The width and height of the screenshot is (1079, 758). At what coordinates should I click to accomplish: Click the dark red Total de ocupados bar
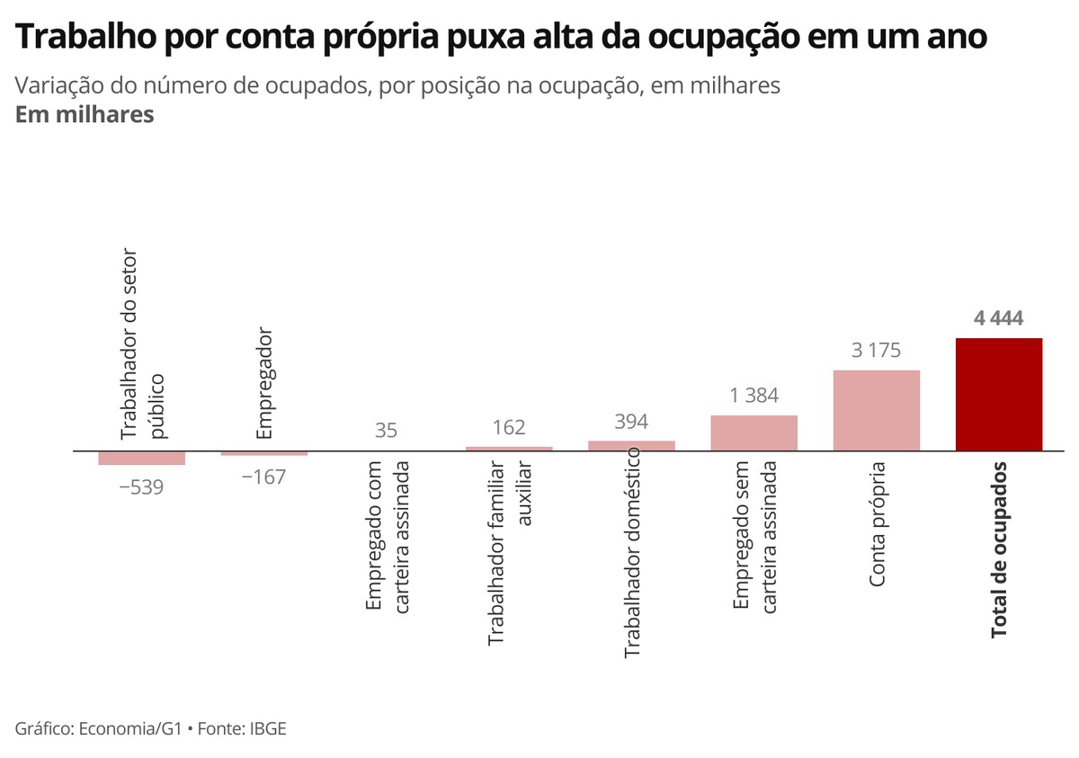click(999, 394)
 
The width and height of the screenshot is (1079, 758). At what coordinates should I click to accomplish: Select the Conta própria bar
click(877, 410)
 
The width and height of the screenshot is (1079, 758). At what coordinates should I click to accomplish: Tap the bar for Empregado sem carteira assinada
click(754, 433)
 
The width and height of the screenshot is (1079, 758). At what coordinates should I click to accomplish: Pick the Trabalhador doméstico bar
click(631, 445)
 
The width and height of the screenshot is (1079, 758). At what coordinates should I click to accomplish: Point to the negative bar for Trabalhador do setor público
click(142, 458)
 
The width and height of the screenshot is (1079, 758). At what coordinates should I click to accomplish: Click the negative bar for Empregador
click(264, 453)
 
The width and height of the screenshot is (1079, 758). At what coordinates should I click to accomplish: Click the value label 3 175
click(876, 351)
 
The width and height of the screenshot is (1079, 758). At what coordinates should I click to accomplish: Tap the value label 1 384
click(754, 396)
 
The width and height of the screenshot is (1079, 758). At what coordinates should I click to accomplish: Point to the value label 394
click(631, 422)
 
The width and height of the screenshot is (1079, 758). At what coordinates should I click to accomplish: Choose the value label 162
click(509, 428)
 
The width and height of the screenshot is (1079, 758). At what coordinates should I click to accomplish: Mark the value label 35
click(386, 431)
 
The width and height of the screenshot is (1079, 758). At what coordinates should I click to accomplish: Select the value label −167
click(263, 477)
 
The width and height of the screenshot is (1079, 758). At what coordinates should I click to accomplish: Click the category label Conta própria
click(878, 524)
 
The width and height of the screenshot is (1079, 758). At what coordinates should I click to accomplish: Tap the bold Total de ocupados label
click(1000, 550)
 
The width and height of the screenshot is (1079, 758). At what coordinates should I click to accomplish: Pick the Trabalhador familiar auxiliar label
click(509, 554)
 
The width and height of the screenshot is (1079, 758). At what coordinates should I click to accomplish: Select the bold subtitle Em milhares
click(85, 115)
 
